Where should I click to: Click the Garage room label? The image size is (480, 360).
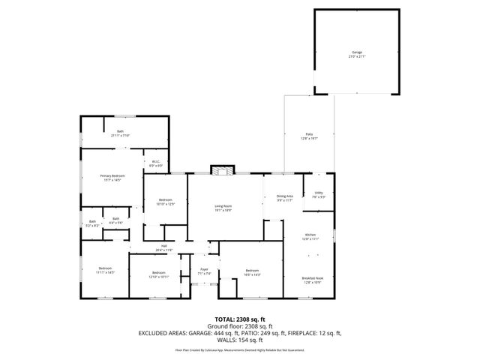355,54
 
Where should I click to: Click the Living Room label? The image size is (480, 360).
223,208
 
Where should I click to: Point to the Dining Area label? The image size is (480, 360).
284,197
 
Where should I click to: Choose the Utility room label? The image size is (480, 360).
319,194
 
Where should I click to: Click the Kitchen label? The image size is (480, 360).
310,236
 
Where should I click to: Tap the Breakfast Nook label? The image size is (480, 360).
312,280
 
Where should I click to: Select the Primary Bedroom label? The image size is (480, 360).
111,178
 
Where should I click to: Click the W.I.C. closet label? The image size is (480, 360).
157,163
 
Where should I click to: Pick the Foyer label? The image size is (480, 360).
204,271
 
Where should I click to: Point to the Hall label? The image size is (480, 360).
163,247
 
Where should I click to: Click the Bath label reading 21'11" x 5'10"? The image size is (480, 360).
120,133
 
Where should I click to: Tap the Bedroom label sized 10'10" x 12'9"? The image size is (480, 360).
166,202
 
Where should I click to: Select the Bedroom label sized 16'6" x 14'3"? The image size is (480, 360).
252,272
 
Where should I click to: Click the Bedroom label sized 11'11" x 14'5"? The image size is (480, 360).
105,271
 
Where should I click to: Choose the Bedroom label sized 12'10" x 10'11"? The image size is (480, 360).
159,274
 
